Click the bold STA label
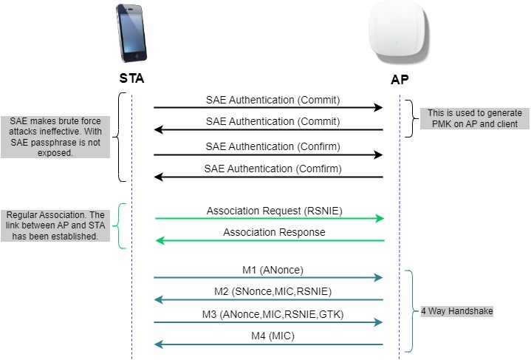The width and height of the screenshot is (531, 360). [132, 79]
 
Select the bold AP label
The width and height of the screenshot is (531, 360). [400, 79]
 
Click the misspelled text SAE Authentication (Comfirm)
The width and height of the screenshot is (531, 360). [273, 169]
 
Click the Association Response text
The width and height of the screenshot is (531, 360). [273, 232]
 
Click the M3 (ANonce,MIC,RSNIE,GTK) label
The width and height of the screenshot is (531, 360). [273, 314]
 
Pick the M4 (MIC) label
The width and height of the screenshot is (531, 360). [272, 336]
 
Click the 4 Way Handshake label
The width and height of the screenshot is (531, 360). [456, 311]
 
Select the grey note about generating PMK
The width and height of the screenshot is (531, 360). [473, 118]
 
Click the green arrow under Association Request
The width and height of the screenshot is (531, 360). [270, 219]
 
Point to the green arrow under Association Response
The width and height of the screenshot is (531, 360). [270, 241]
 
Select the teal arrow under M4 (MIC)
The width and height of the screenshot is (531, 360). [270, 345]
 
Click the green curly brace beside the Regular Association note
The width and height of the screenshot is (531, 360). [122, 225]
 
